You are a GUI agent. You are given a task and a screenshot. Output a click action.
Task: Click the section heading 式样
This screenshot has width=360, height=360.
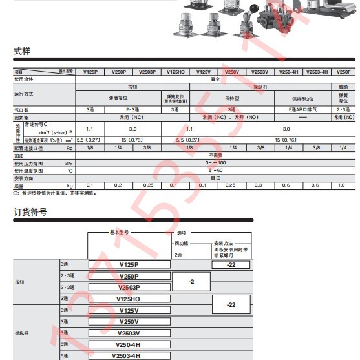click(x=22, y=52)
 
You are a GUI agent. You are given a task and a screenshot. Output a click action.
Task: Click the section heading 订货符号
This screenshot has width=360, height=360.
click(x=30, y=212)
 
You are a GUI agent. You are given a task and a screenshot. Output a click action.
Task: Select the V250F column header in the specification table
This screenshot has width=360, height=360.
click(x=344, y=72)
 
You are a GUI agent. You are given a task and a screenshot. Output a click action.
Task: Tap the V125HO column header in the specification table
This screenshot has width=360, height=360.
click(x=176, y=72)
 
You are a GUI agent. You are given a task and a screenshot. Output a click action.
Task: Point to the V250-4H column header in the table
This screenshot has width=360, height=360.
click(x=288, y=72)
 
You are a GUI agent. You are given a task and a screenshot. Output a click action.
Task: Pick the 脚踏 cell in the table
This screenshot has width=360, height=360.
click(x=344, y=87)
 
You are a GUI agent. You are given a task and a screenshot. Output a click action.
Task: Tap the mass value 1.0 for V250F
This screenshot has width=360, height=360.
click(x=344, y=185)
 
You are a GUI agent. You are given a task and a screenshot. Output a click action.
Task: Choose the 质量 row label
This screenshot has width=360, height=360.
click(x=23, y=185)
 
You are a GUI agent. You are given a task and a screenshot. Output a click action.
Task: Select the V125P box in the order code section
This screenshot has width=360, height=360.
click(x=129, y=265)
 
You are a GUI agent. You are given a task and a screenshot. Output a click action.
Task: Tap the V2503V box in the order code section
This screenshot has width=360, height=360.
click(x=129, y=333)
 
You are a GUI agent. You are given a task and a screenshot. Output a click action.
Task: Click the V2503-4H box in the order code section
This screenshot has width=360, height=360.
click(x=129, y=355)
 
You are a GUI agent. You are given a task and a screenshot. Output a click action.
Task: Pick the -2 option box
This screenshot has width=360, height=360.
click(x=191, y=282)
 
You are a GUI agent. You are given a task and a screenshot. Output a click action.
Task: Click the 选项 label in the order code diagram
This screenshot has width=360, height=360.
click(x=183, y=231)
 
